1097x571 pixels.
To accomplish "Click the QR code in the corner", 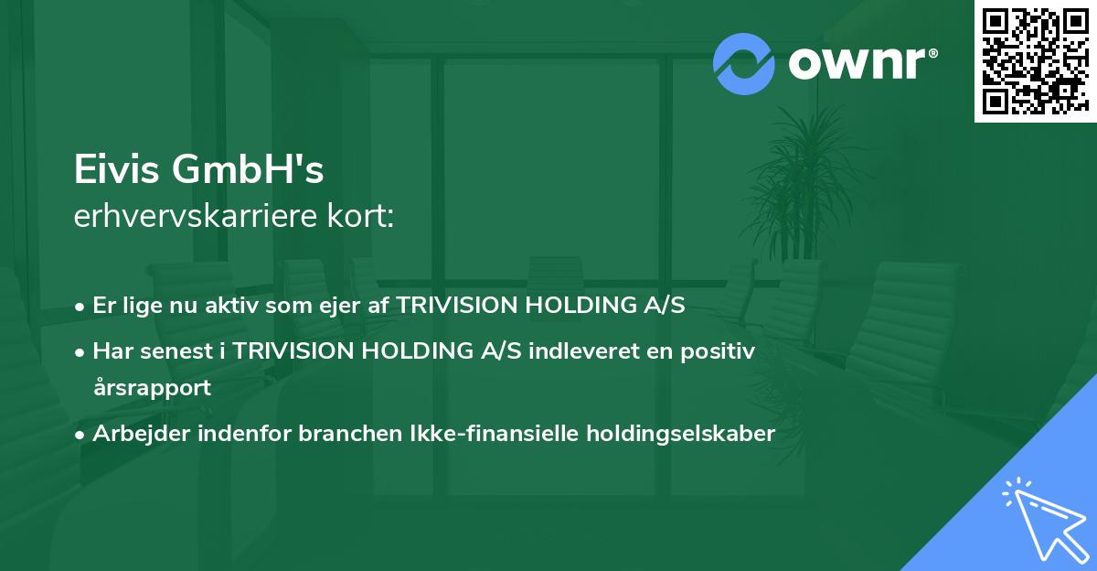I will click(x=1035, y=61).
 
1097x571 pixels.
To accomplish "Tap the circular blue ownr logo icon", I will click(x=744, y=63).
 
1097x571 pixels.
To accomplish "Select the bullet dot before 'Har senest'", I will click(x=81, y=352).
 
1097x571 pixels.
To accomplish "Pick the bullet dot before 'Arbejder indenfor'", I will click(x=81, y=435).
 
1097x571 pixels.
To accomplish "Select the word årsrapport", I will click(x=152, y=387).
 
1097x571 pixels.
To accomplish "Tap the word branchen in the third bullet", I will click(x=345, y=434).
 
